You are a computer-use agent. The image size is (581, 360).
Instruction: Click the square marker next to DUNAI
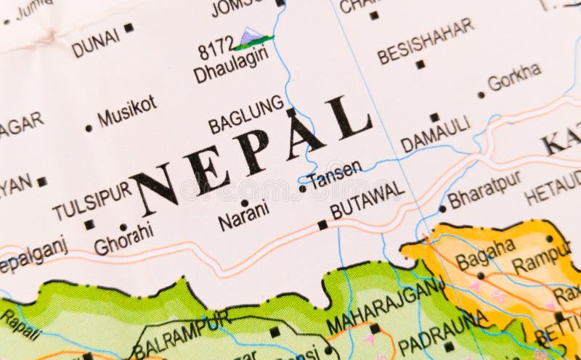(x=129, y=28)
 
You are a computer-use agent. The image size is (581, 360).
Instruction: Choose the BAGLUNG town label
(x=245, y=115)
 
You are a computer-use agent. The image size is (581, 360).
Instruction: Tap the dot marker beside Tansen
(x=302, y=189)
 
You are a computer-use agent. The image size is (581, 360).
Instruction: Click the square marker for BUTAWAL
(x=322, y=225)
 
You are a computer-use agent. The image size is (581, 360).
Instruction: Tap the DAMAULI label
(x=435, y=134)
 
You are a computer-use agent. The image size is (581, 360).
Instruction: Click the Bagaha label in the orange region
(x=484, y=254)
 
